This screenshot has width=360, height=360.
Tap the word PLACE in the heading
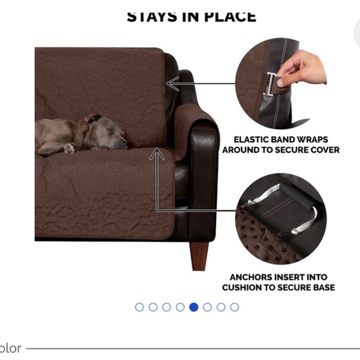230,16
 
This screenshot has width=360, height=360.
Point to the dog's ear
93,119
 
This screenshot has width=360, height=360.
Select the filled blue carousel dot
194,307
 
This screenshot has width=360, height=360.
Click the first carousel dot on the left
139,307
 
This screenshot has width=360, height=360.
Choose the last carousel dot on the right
234,307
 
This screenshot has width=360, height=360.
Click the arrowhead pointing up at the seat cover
155,156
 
